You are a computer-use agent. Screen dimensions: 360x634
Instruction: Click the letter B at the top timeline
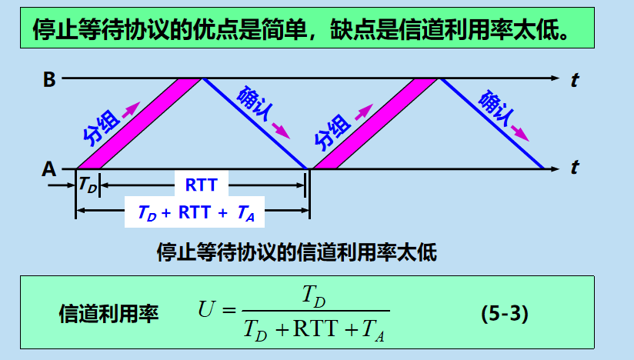pyautogui.click(x=48, y=79)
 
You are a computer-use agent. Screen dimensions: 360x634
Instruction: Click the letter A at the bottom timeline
pyautogui.click(x=48, y=168)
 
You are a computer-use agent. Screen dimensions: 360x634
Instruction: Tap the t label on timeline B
pyautogui.click(x=575, y=79)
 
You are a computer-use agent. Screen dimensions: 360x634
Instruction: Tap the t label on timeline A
pyautogui.click(x=575, y=167)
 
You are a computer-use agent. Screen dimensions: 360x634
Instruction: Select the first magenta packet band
pyautogui.click(x=138, y=123)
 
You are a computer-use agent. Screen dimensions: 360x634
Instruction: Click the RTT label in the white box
pyautogui.click(x=202, y=185)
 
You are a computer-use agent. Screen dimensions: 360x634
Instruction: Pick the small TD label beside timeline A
pyautogui.click(x=88, y=185)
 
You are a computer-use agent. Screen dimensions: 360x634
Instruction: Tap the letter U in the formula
pyautogui.click(x=205, y=311)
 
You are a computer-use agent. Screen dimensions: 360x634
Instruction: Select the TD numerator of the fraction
pyautogui.click(x=315, y=295)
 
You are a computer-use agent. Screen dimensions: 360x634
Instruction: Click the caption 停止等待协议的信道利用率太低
pyautogui.click(x=296, y=252)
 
